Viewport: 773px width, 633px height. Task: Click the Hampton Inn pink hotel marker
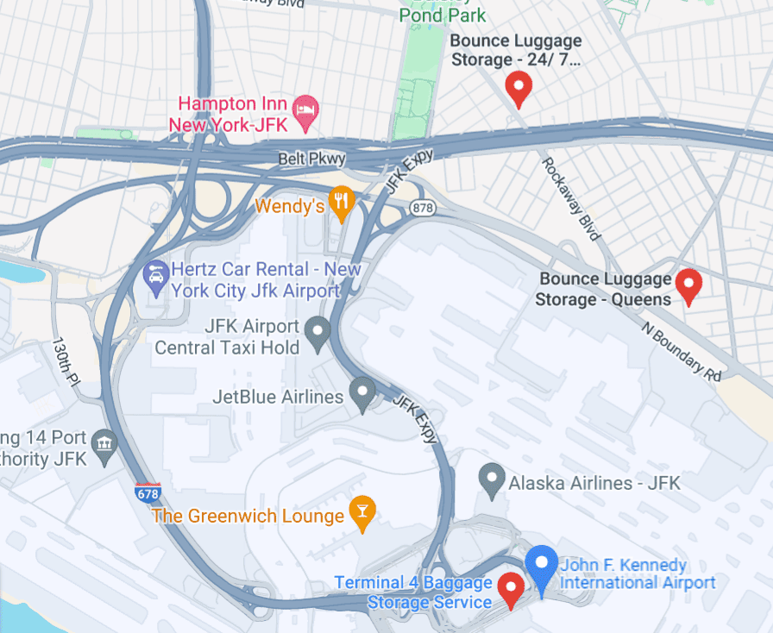click(305, 110)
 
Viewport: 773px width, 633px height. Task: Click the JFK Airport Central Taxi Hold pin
click(318, 331)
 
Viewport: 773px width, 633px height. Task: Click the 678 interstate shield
click(148, 493)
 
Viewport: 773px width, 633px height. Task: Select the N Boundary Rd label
click(681, 352)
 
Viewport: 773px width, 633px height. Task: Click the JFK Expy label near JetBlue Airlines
click(415, 419)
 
